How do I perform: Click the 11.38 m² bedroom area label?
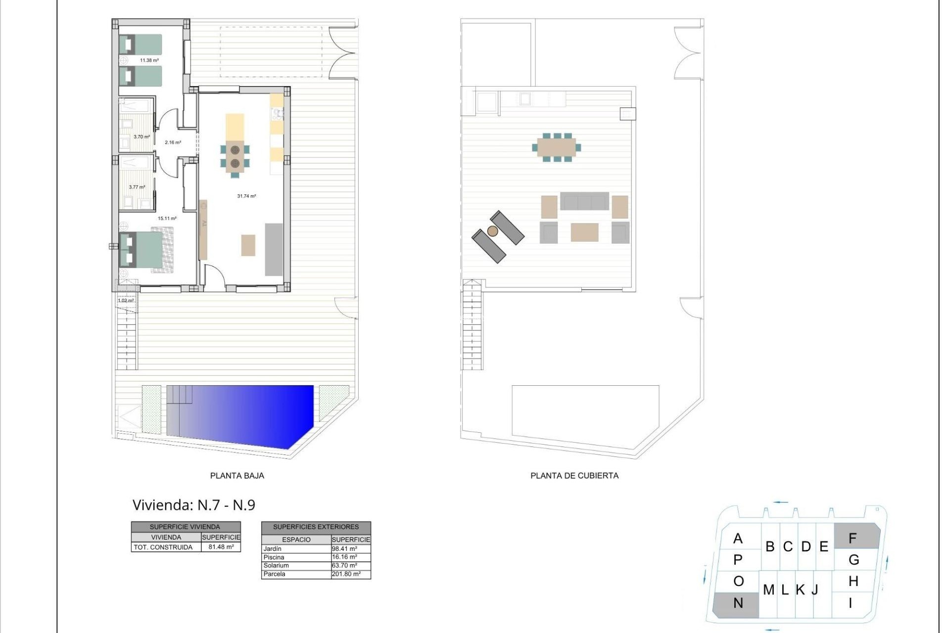pyautogui.click(x=149, y=60)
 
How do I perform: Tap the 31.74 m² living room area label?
pyautogui.click(x=246, y=196)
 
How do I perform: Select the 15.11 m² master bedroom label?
pyautogui.click(x=167, y=218)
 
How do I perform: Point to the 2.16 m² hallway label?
pyautogui.click(x=173, y=142)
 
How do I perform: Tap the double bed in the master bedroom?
pyautogui.click(x=143, y=249)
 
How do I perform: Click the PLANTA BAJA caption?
pyautogui.click(x=237, y=476)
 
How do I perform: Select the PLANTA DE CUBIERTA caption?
pyautogui.click(x=574, y=476)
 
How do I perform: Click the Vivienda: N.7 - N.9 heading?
pyautogui.click(x=194, y=505)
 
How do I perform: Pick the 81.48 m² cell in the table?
pyautogui.click(x=221, y=547)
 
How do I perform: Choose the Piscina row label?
pyautogui.click(x=274, y=557)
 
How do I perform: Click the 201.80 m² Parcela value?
pyautogui.click(x=346, y=574)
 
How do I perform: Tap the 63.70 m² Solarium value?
pyautogui.click(x=344, y=565)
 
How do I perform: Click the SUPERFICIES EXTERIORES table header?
pyautogui.click(x=316, y=527)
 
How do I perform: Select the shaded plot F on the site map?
pyautogui.click(x=856, y=537)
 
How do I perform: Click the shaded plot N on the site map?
pyautogui.click(x=736, y=604)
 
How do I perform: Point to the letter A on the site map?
pyautogui.click(x=738, y=538)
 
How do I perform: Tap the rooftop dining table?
pyautogui.click(x=557, y=147)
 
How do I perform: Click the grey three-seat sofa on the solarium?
pyautogui.click(x=584, y=201)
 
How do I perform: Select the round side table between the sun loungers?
pyautogui.click(x=492, y=231)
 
